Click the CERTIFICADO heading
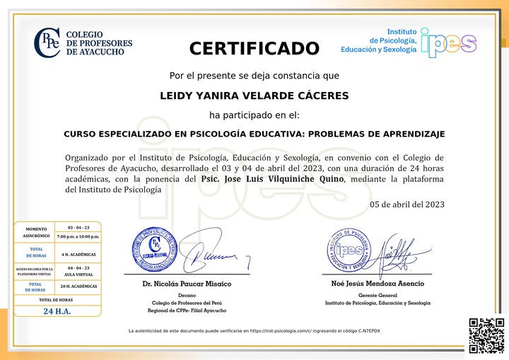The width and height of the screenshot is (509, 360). click(255, 49)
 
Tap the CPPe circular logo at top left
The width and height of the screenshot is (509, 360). click(47, 42)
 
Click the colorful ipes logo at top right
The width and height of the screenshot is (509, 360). click(448, 42)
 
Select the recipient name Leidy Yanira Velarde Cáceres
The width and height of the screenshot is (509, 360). click(255, 95)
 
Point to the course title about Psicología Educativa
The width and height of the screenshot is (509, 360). click(255, 133)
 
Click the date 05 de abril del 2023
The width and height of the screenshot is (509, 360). click(407, 204)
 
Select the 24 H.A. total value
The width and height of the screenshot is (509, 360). click(57, 311)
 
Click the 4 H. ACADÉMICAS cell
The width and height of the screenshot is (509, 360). click(78, 254)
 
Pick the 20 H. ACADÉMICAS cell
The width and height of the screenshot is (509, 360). click(78, 286)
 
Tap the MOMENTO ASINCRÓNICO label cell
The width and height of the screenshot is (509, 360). click(36, 232)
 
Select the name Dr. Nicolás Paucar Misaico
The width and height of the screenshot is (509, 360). click(187, 284)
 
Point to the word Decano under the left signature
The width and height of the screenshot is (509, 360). click(187, 295)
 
